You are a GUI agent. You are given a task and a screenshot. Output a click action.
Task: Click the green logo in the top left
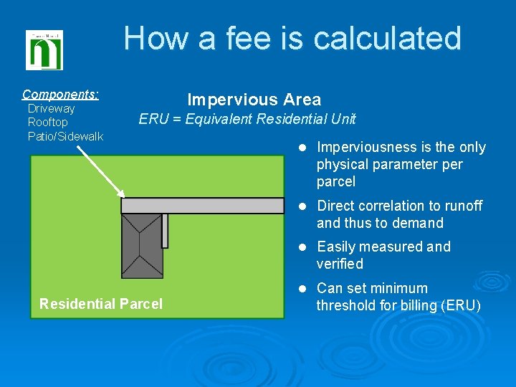point(44,50)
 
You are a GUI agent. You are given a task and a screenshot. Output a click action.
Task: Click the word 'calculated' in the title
point(386,38)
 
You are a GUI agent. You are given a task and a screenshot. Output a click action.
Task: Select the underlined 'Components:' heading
point(61,94)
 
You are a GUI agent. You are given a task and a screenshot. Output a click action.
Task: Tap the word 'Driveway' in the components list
point(51,108)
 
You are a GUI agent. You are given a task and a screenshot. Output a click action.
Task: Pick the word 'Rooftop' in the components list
point(47,122)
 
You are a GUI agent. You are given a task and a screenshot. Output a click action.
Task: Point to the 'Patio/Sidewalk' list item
point(65,136)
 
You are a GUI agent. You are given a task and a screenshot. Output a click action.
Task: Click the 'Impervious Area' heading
point(254,100)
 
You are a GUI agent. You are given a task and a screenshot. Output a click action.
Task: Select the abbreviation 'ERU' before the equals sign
point(153,119)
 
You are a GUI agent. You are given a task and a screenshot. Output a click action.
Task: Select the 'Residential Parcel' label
point(101,304)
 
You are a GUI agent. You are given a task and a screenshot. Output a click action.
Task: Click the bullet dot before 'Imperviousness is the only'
point(302,148)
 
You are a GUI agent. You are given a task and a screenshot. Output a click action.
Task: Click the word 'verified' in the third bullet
point(340,264)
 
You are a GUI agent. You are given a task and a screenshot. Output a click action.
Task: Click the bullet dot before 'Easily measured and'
point(302,247)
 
